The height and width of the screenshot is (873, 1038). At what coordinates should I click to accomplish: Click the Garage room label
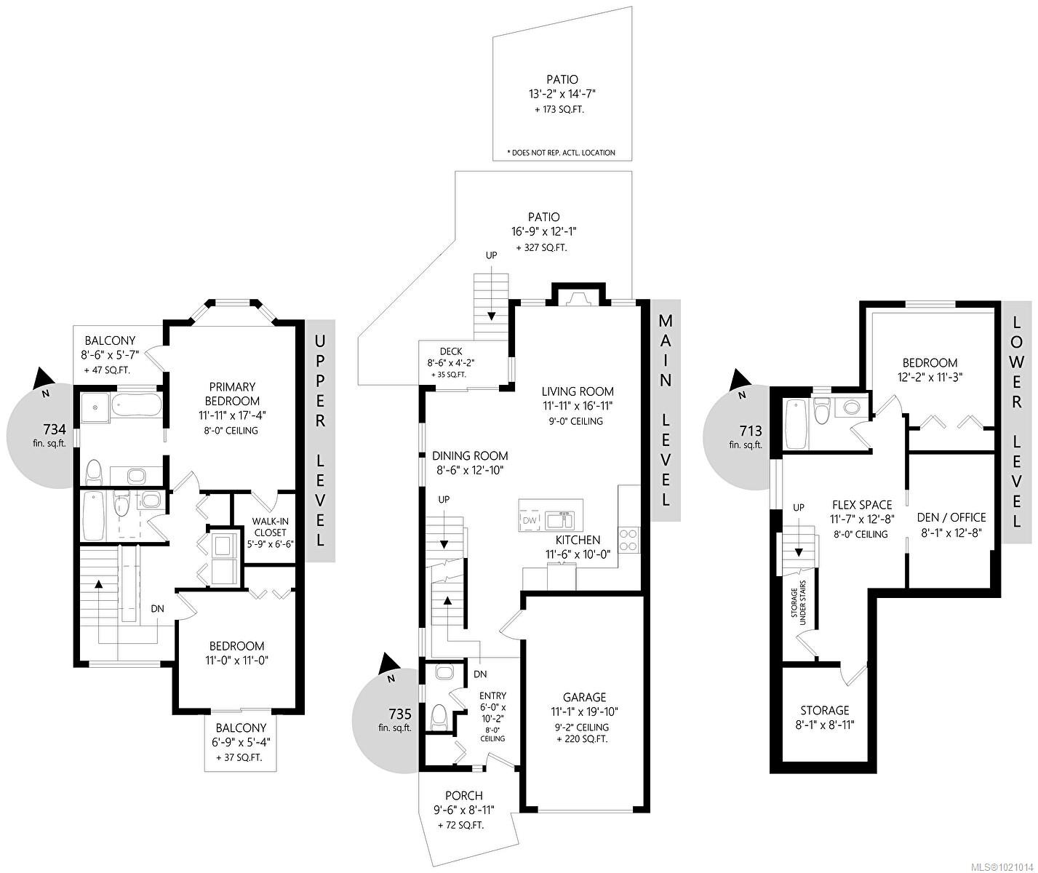584,698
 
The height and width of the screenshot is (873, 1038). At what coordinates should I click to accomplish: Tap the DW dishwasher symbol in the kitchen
530,521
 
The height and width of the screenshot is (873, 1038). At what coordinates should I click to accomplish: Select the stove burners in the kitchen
628,539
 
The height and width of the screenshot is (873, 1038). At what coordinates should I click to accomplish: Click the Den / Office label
951,517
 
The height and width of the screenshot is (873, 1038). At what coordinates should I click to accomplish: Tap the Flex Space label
861,505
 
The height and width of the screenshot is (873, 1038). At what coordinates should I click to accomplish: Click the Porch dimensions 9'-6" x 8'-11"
464,810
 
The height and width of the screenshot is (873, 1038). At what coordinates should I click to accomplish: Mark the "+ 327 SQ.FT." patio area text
541,247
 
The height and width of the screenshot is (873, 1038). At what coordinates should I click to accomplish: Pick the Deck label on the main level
450,351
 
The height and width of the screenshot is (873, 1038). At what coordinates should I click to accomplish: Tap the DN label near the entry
479,674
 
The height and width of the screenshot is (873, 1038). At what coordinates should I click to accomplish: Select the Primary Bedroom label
234,394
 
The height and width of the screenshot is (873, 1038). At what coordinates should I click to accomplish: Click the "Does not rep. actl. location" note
561,153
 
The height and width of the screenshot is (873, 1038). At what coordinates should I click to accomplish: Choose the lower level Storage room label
824,710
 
